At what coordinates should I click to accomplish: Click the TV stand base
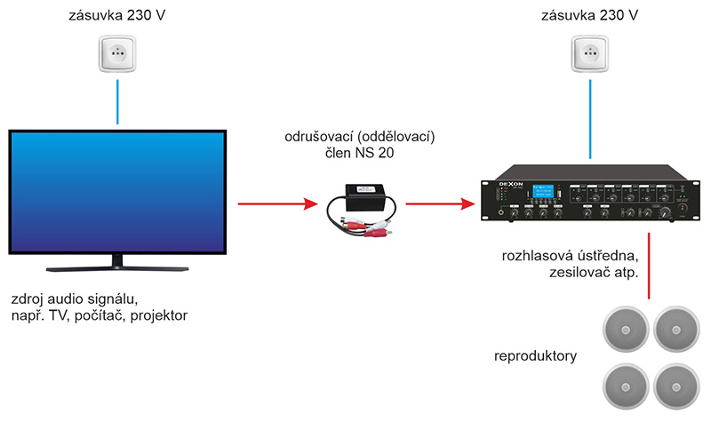click(116, 265)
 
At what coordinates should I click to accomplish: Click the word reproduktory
click(536, 357)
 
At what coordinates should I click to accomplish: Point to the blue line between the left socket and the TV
click(116, 103)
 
